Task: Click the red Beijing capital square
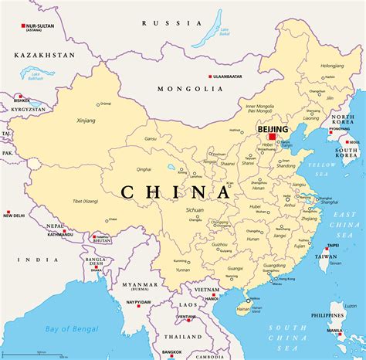(x=272, y=137)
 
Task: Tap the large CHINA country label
(x=175, y=192)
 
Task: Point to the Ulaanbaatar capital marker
(x=209, y=76)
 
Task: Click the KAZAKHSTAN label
(x=46, y=56)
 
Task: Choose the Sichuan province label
(x=195, y=209)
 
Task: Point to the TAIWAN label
(x=327, y=256)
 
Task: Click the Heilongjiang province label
(x=332, y=66)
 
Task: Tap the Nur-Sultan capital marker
(x=23, y=25)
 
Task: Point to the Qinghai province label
(x=144, y=168)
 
